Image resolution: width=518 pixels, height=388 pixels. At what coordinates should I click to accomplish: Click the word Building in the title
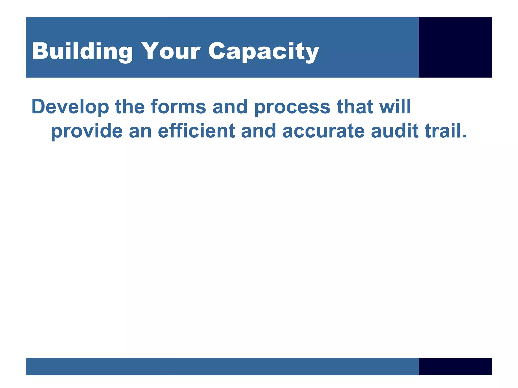(82, 51)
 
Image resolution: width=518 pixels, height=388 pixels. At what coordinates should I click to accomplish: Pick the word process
(292, 107)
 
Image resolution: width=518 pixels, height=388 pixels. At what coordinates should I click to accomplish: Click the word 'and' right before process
(230, 107)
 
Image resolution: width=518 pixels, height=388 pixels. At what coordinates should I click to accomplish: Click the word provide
(87, 131)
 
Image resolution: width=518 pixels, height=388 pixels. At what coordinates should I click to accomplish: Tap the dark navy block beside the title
(455, 47)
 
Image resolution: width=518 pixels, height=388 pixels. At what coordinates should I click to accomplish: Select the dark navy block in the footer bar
(455, 366)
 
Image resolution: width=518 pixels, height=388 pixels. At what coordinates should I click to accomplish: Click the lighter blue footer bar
(222, 366)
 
